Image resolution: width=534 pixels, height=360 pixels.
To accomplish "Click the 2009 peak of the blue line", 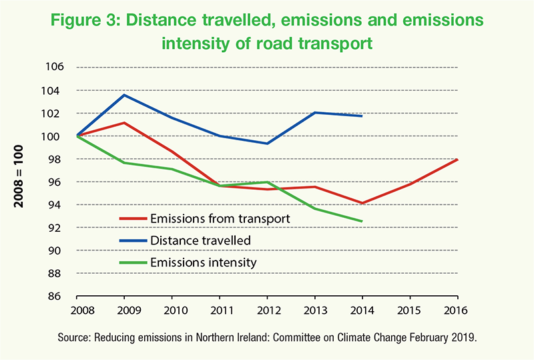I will (x=124, y=95).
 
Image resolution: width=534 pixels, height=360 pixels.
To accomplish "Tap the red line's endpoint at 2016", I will (x=457, y=159).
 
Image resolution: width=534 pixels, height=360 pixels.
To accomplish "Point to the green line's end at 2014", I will (x=362, y=221).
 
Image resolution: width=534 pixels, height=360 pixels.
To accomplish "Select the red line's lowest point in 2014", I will (x=362, y=203).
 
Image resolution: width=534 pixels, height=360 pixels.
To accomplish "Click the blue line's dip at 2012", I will (x=267, y=144).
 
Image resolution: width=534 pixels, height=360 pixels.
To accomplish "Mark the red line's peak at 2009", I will (x=124, y=123).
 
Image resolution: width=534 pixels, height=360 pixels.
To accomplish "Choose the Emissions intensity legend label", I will (x=203, y=262).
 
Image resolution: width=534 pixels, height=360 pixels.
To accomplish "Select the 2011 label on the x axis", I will (x=220, y=311).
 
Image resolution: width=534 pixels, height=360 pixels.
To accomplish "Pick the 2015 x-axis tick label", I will (x=409, y=311).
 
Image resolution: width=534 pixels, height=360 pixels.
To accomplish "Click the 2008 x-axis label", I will (x=77, y=311).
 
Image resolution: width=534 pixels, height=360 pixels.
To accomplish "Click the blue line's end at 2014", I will (x=362, y=116).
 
